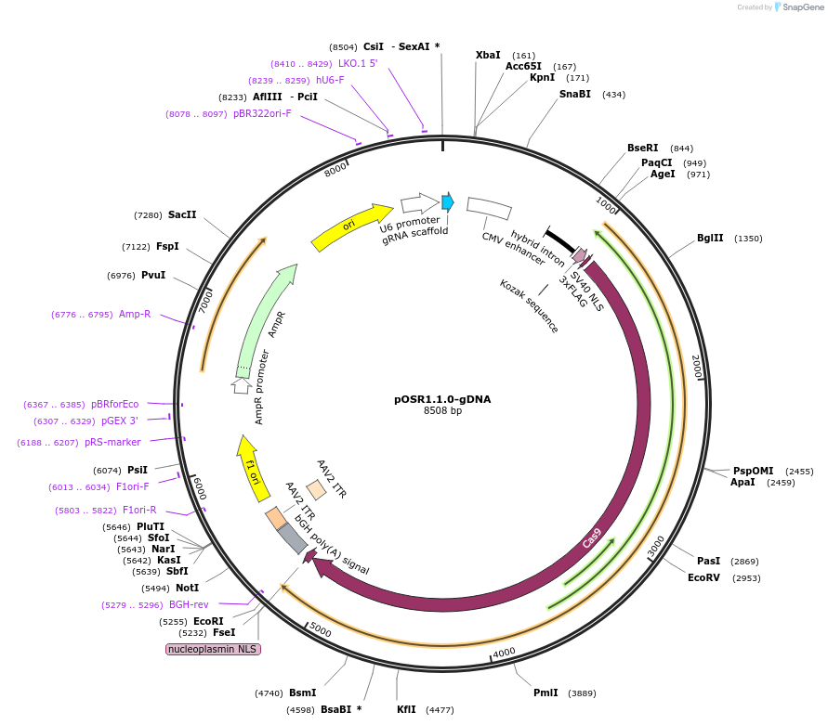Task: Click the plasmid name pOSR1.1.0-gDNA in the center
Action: click(442, 399)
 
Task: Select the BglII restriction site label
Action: click(710, 239)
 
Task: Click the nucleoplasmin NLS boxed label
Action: click(213, 649)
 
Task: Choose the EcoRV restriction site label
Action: click(703, 577)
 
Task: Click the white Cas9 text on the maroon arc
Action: click(592, 537)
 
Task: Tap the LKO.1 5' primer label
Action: click(358, 63)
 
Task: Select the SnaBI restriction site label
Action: click(574, 94)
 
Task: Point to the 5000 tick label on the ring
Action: click(320, 630)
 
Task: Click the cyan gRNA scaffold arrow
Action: click(447, 201)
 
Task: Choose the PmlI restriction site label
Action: click(545, 693)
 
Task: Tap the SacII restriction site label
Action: click(182, 214)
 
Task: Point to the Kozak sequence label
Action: click(529, 305)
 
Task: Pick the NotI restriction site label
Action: click(188, 588)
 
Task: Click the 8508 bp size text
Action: click(442, 410)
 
